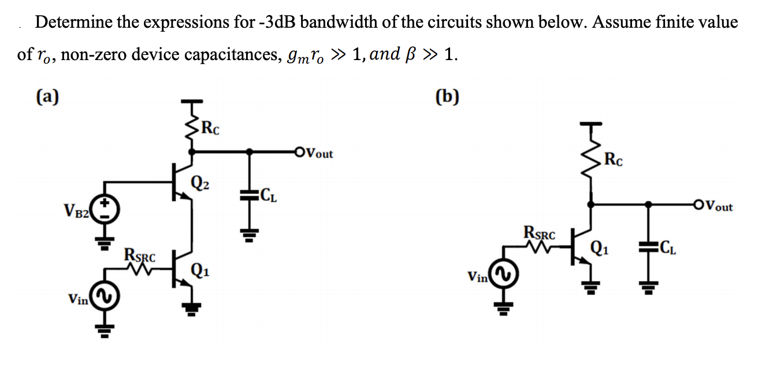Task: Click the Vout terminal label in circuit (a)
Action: point(318,154)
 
